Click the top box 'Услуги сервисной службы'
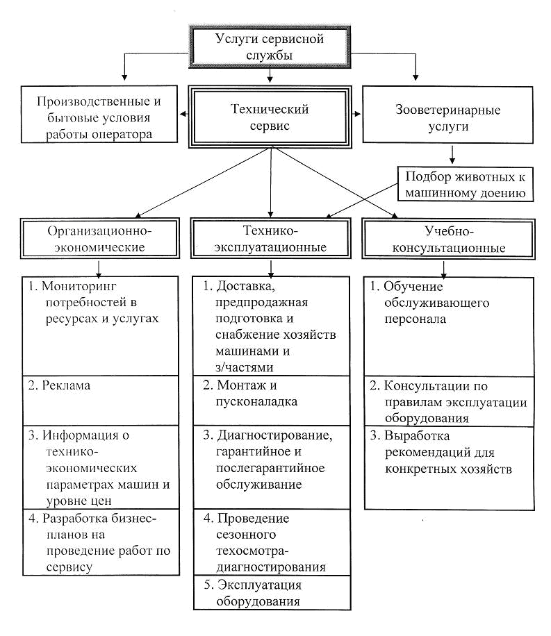[270, 47]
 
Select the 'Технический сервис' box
[270, 117]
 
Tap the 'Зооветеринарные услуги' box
[447, 115]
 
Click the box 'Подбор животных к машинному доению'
[465, 185]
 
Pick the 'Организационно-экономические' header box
[99, 239]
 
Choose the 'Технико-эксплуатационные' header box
[270, 239]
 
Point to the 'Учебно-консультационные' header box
[448, 240]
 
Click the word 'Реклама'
[66, 385]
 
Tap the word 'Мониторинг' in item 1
[79, 286]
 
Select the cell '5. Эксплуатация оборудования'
[272, 592]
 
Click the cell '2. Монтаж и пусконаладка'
[271, 401]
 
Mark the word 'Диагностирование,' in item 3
[275, 435]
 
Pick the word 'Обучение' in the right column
[413, 286]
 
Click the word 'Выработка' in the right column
[417, 436]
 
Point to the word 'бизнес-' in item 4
[131, 519]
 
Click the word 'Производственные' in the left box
[93, 101]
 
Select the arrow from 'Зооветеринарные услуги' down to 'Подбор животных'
[452, 154]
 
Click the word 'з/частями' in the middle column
[245, 367]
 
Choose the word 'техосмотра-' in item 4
[252, 551]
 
